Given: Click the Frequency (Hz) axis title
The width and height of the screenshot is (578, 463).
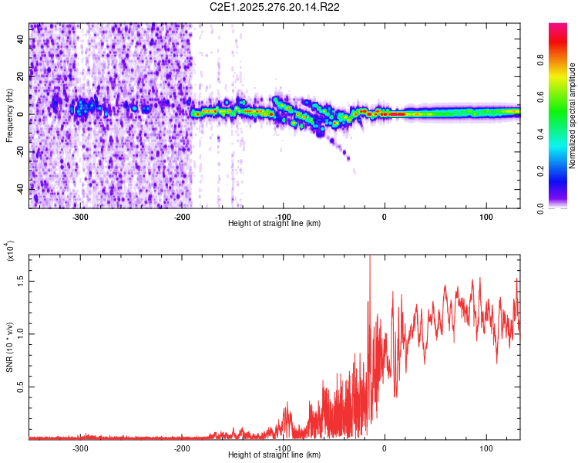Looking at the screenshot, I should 9,116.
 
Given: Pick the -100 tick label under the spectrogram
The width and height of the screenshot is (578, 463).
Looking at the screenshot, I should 284,216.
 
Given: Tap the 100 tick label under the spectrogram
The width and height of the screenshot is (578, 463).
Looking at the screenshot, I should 486,216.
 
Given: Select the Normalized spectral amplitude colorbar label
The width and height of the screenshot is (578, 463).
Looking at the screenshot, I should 573,116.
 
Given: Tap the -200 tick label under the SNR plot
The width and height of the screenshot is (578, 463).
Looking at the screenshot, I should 183,448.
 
